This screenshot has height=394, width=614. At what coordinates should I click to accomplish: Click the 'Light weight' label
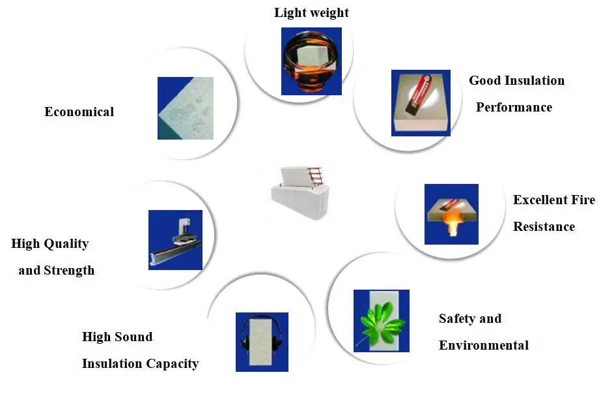pyautogui.click(x=311, y=13)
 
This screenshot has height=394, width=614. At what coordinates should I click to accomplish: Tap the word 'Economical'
pyautogui.click(x=79, y=112)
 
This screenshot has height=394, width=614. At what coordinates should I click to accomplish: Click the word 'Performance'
pyautogui.click(x=514, y=108)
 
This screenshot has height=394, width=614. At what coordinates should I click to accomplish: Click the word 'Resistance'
pyautogui.click(x=544, y=227)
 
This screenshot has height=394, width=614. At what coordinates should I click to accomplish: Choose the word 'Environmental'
pyautogui.click(x=483, y=346)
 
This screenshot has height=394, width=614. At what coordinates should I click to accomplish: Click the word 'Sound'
pyautogui.click(x=134, y=337)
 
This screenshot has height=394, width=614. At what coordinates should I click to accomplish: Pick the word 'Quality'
pyautogui.click(x=66, y=244)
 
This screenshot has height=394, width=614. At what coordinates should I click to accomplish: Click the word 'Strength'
pyautogui.click(x=69, y=271)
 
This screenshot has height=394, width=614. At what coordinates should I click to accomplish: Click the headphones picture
pyautogui.click(x=261, y=341)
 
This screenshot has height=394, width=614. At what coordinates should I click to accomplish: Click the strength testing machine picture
pyautogui.click(x=174, y=239)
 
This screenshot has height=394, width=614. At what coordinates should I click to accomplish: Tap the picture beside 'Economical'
pyautogui.click(x=185, y=108)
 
